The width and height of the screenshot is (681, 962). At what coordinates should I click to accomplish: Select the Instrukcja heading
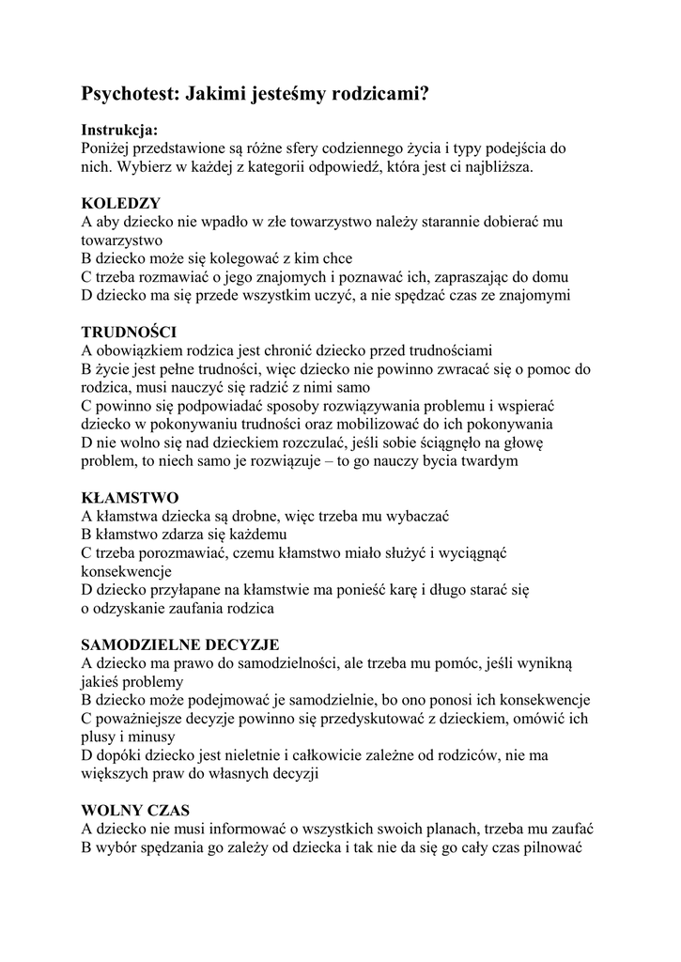pyautogui.click(x=119, y=130)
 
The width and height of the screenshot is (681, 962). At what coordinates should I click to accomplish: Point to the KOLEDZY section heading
pyautogui.click(x=121, y=203)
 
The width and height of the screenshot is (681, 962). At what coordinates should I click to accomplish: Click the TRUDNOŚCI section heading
pyautogui.click(x=129, y=332)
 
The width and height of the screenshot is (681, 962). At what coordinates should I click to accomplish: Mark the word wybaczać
pyautogui.click(x=418, y=516)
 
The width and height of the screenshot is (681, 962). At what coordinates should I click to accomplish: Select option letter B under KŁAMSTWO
pyautogui.click(x=86, y=534)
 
